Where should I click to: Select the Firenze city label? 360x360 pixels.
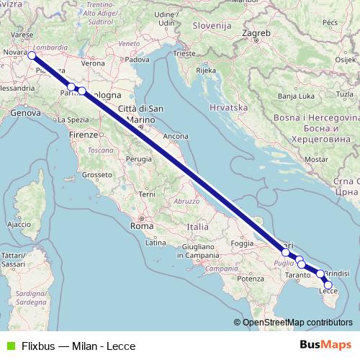click(x=83, y=135)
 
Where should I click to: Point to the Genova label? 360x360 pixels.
click(x=24, y=113)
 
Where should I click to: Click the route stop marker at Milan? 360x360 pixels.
click(x=32, y=55)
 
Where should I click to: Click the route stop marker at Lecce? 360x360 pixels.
click(x=328, y=285)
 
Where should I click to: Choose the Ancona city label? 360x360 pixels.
click(x=176, y=136)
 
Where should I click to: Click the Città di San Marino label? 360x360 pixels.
click(x=141, y=114)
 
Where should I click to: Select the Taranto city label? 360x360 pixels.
click(x=299, y=276)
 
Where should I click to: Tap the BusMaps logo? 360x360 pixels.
click(x=325, y=345)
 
